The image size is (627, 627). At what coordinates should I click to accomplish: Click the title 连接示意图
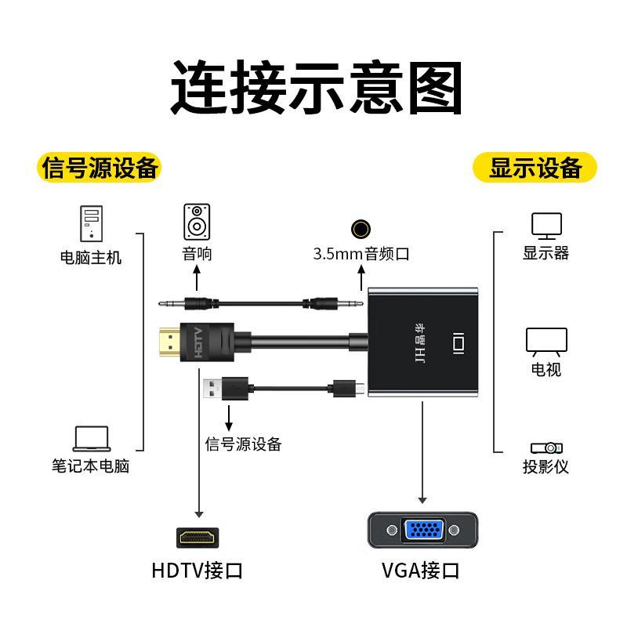pos(317,87)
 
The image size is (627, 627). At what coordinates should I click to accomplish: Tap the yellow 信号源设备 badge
pos(100,167)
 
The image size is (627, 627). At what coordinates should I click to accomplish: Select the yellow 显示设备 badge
pos(535,167)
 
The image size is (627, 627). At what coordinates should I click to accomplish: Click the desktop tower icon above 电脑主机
pos(91,223)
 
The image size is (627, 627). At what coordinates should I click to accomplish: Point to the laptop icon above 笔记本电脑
pos(92,439)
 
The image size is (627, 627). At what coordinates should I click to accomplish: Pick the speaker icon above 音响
pos(197,222)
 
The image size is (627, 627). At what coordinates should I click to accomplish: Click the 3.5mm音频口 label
pos(361,254)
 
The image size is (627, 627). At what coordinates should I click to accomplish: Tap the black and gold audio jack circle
pos(361,229)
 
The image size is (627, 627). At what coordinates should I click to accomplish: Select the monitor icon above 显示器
pos(546,226)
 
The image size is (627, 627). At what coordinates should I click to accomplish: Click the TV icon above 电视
pos(546,342)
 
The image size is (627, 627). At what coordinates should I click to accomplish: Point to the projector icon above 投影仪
pos(546,448)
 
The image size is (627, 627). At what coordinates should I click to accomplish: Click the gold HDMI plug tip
pos(170,342)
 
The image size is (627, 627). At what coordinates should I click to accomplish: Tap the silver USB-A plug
pos(212,389)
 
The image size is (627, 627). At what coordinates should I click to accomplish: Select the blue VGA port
pos(424,530)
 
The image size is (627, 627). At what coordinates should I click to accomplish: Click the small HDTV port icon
pos(198,538)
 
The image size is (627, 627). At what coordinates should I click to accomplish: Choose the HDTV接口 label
pos(198,571)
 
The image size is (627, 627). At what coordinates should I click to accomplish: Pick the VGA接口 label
pos(421,571)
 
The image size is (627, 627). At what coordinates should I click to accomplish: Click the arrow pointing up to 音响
pos(197,277)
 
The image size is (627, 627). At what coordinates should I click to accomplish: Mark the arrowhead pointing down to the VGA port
pos(422,501)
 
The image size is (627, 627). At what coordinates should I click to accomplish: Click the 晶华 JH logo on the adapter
pos(420,343)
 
